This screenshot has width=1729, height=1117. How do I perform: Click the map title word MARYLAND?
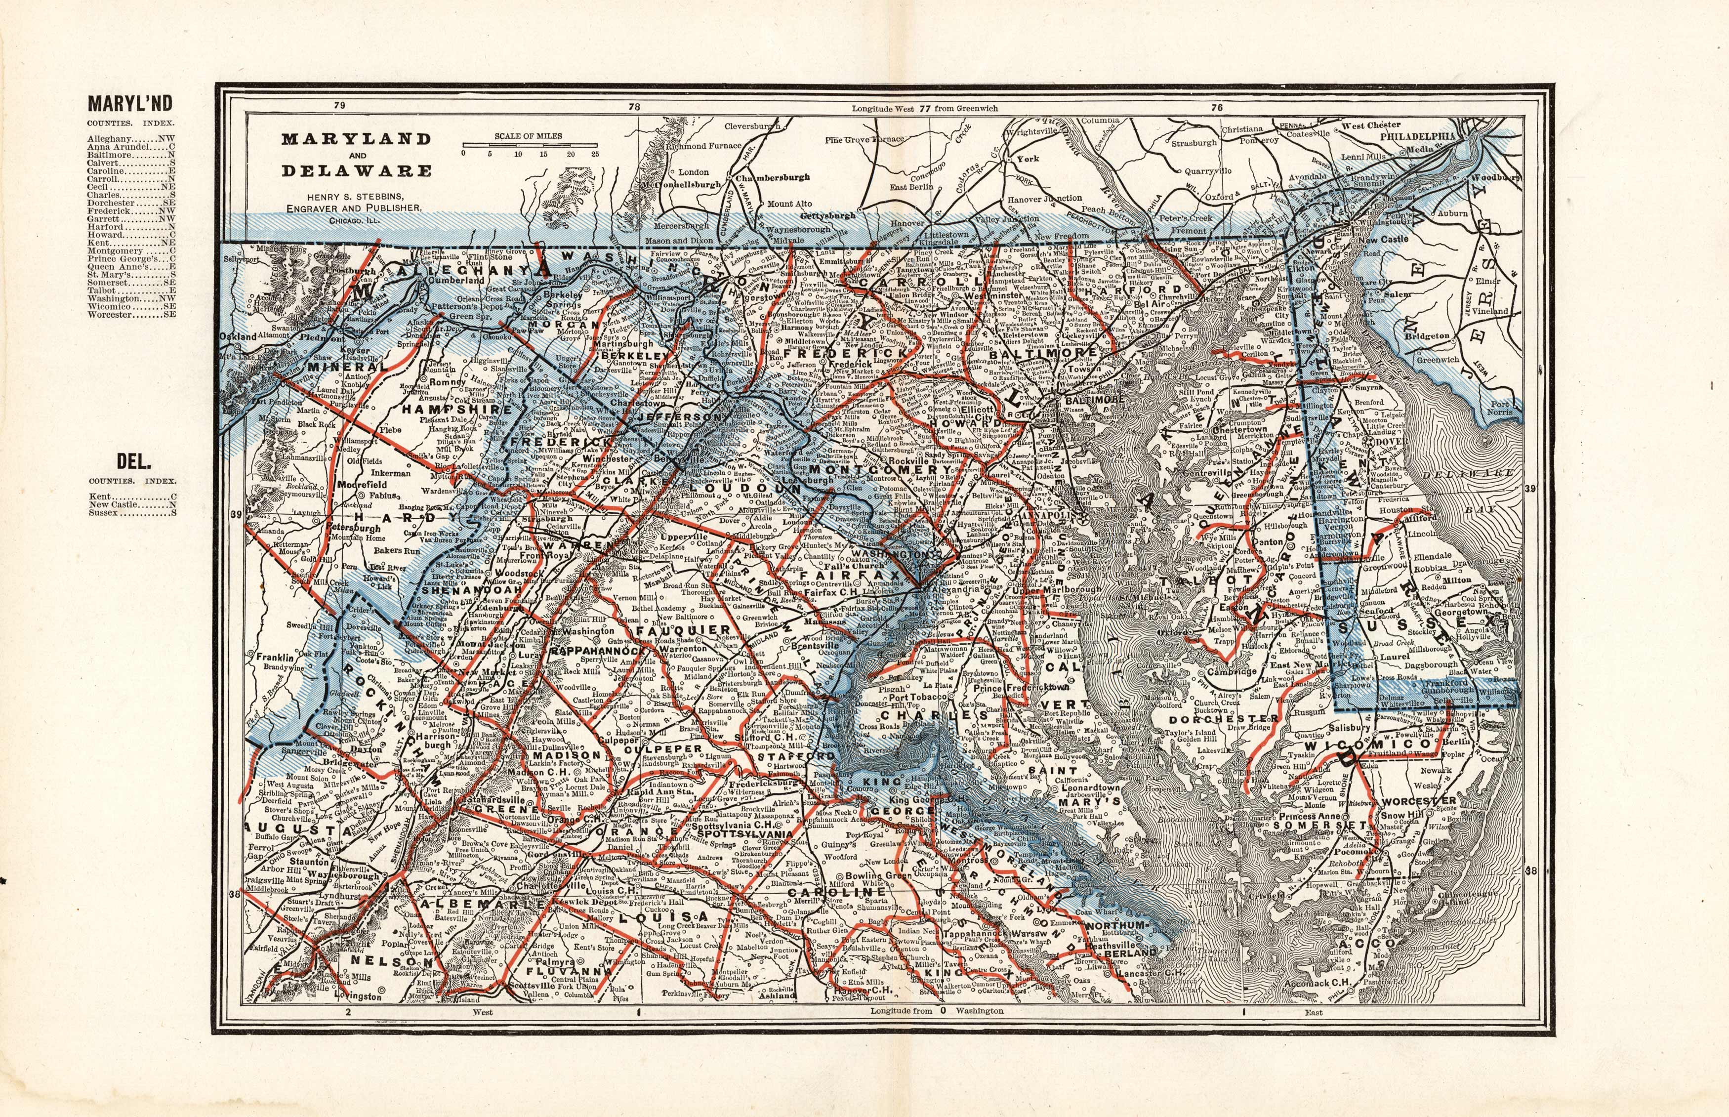356,138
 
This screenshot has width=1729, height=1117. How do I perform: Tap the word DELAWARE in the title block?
356,171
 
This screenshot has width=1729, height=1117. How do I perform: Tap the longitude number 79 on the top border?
339,106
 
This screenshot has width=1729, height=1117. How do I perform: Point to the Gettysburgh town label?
827,215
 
